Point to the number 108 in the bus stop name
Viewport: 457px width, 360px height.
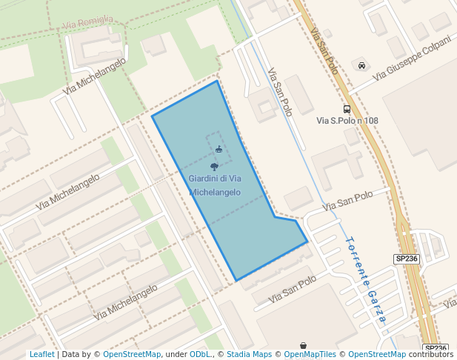(x=368, y=120)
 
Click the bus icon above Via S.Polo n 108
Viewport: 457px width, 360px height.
(x=347, y=109)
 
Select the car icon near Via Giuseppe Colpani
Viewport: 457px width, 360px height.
(x=361, y=65)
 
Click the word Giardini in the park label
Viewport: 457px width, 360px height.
(x=203, y=179)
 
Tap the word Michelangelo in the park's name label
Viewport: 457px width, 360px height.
(x=215, y=192)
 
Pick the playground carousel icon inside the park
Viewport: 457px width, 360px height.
(x=219, y=150)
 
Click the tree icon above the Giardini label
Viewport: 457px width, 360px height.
(x=214, y=167)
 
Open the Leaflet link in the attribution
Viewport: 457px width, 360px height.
(x=42, y=355)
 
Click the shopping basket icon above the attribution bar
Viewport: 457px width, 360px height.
(x=304, y=345)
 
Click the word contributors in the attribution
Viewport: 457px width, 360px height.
(x=431, y=355)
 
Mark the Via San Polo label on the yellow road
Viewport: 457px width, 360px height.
(x=325, y=53)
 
